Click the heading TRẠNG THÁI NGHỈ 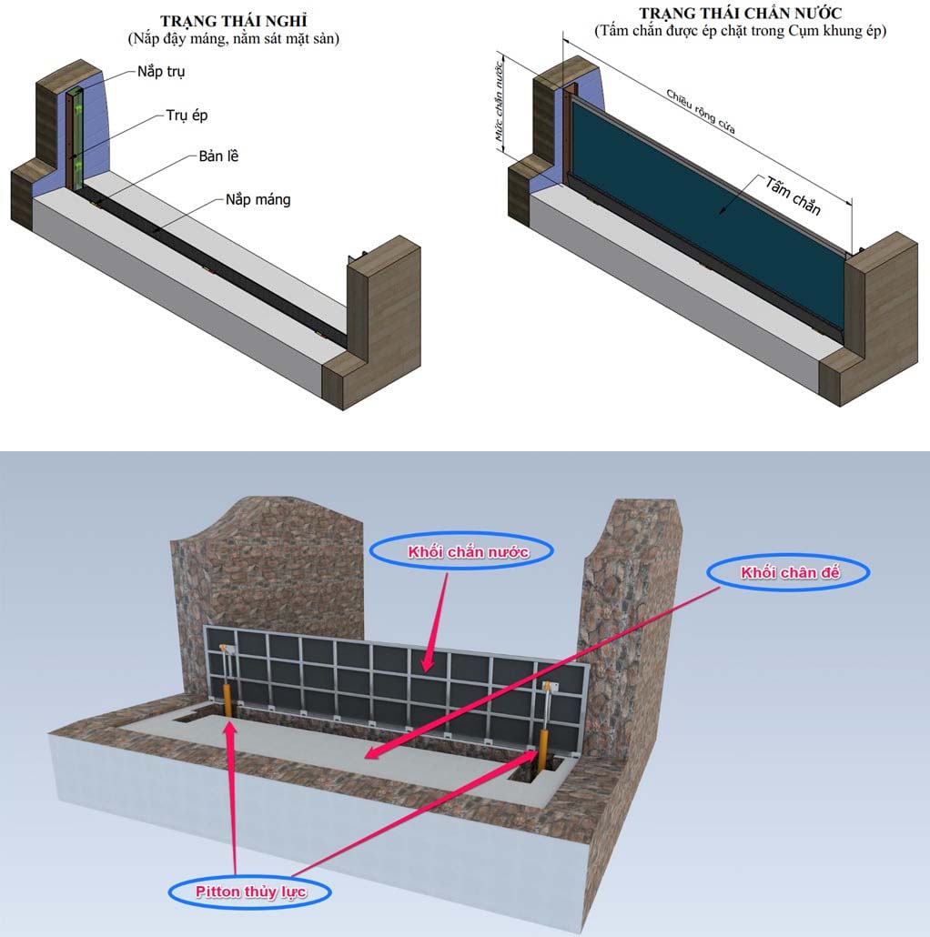click(x=233, y=22)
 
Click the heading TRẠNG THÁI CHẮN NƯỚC click(x=740, y=13)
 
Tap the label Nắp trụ click(x=161, y=72)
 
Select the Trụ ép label click(x=187, y=116)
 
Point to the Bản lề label click(x=218, y=156)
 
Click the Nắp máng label click(x=258, y=199)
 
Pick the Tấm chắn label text click(x=794, y=196)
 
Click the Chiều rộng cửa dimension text click(x=701, y=112)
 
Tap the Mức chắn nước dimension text click(x=499, y=102)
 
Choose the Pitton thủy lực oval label click(x=250, y=892)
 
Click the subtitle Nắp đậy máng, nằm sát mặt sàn click(x=233, y=39)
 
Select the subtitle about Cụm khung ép click(x=740, y=31)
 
